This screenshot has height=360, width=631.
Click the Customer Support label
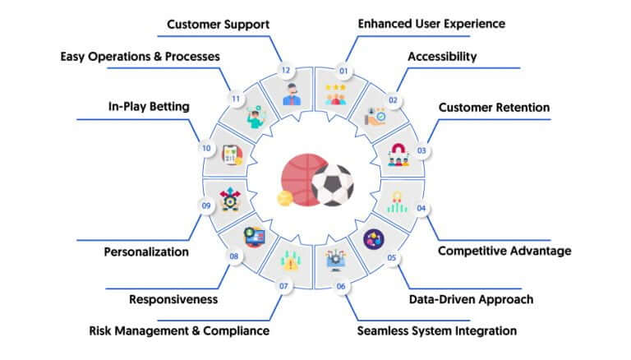pyautogui.click(x=218, y=25)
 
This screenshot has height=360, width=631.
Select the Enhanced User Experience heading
pyautogui.click(x=431, y=24)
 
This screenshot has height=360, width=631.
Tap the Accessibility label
pyautogui.click(x=442, y=57)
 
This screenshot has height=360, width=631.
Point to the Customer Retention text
pyautogui.click(x=494, y=108)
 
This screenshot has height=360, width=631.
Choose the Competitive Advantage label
pyautogui.click(x=504, y=251)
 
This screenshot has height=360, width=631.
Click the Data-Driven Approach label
pyautogui.click(x=472, y=300)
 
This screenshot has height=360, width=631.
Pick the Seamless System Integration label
pyautogui.click(x=437, y=331)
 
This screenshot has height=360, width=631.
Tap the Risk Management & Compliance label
pyautogui.click(x=179, y=331)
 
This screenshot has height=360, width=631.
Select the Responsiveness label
pyautogui.click(x=173, y=300)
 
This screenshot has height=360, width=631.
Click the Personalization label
pyautogui.click(x=146, y=252)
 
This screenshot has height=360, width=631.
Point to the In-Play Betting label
pyautogui.click(x=149, y=107)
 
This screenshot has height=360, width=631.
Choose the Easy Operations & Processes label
pyautogui.click(x=140, y=57)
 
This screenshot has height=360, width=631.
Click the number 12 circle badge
pyautogui.click(x=286, y=70)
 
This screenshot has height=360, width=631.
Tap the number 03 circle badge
pyautogui.click(x=421, y=150)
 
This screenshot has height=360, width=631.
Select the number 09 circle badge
pyautogui.click(x=206, y=205)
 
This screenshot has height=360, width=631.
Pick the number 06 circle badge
pyautogui.click(x=341, y=286)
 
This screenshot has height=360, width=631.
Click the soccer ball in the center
pyautogui.click(x=333, y=185)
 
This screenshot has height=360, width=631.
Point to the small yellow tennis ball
pyautogui.click(x=285, y=199)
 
